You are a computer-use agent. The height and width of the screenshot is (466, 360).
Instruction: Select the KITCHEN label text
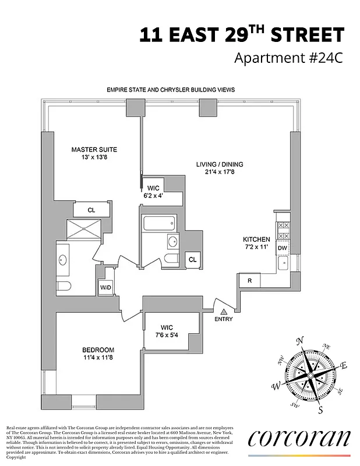tap(256, 239)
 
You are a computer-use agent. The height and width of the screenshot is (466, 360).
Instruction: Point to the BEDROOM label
tap(98, 349)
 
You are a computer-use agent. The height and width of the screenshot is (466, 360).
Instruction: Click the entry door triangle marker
tap(224, 312)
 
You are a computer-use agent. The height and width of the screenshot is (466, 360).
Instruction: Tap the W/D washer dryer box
tap(106, 287)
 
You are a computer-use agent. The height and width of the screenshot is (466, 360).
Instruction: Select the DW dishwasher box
tap(283, 249)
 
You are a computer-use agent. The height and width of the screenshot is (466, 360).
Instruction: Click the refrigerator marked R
tap(249, 281)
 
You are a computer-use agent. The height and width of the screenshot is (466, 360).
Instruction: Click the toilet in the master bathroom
tap(64, 285)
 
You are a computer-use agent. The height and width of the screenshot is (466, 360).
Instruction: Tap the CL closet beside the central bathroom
tap(192, 260)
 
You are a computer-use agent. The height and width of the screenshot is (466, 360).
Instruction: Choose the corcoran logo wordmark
tap(299, 438)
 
